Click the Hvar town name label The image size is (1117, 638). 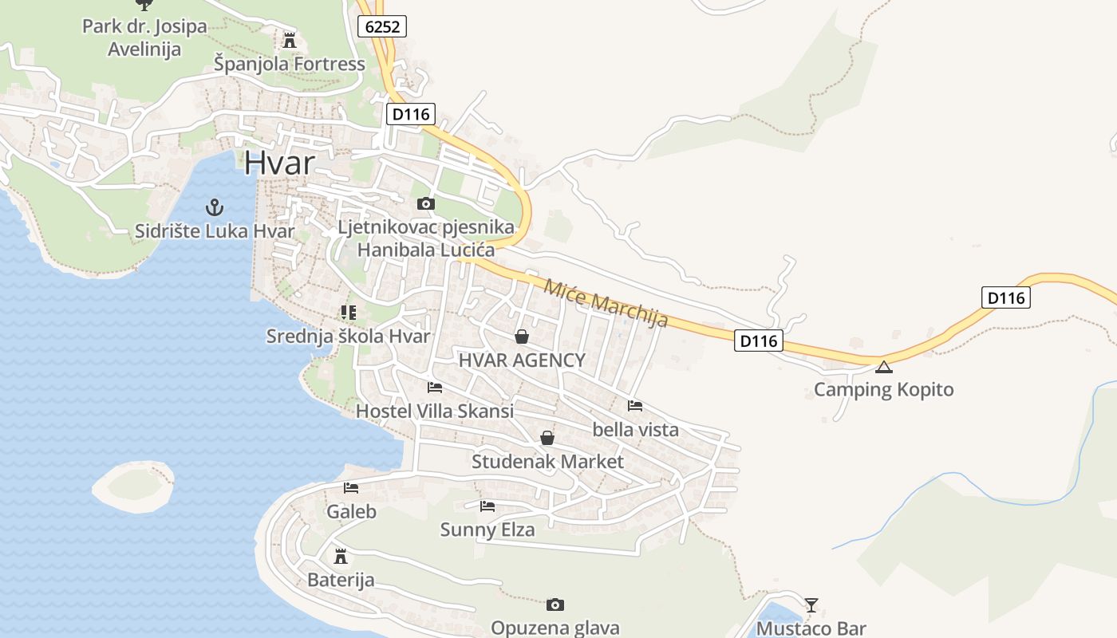279,162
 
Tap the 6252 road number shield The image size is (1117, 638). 381,26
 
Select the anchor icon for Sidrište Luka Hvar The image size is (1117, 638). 214,208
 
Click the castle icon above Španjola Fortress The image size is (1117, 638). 290,40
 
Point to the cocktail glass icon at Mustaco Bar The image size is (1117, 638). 811,605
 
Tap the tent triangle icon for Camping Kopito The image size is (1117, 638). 883,367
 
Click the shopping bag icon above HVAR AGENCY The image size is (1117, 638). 522,337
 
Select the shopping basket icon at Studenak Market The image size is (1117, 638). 547,438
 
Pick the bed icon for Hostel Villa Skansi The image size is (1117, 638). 435,388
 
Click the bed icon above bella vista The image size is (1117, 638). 635,406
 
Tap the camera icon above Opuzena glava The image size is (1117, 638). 555,605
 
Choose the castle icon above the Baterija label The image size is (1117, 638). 341,556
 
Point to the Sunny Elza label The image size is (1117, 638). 487,529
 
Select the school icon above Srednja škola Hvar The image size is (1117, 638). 348,313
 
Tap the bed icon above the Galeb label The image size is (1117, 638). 351,488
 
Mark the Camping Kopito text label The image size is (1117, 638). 883,390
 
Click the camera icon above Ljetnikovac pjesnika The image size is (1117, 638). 426,204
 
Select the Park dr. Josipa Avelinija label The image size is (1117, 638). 144,37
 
